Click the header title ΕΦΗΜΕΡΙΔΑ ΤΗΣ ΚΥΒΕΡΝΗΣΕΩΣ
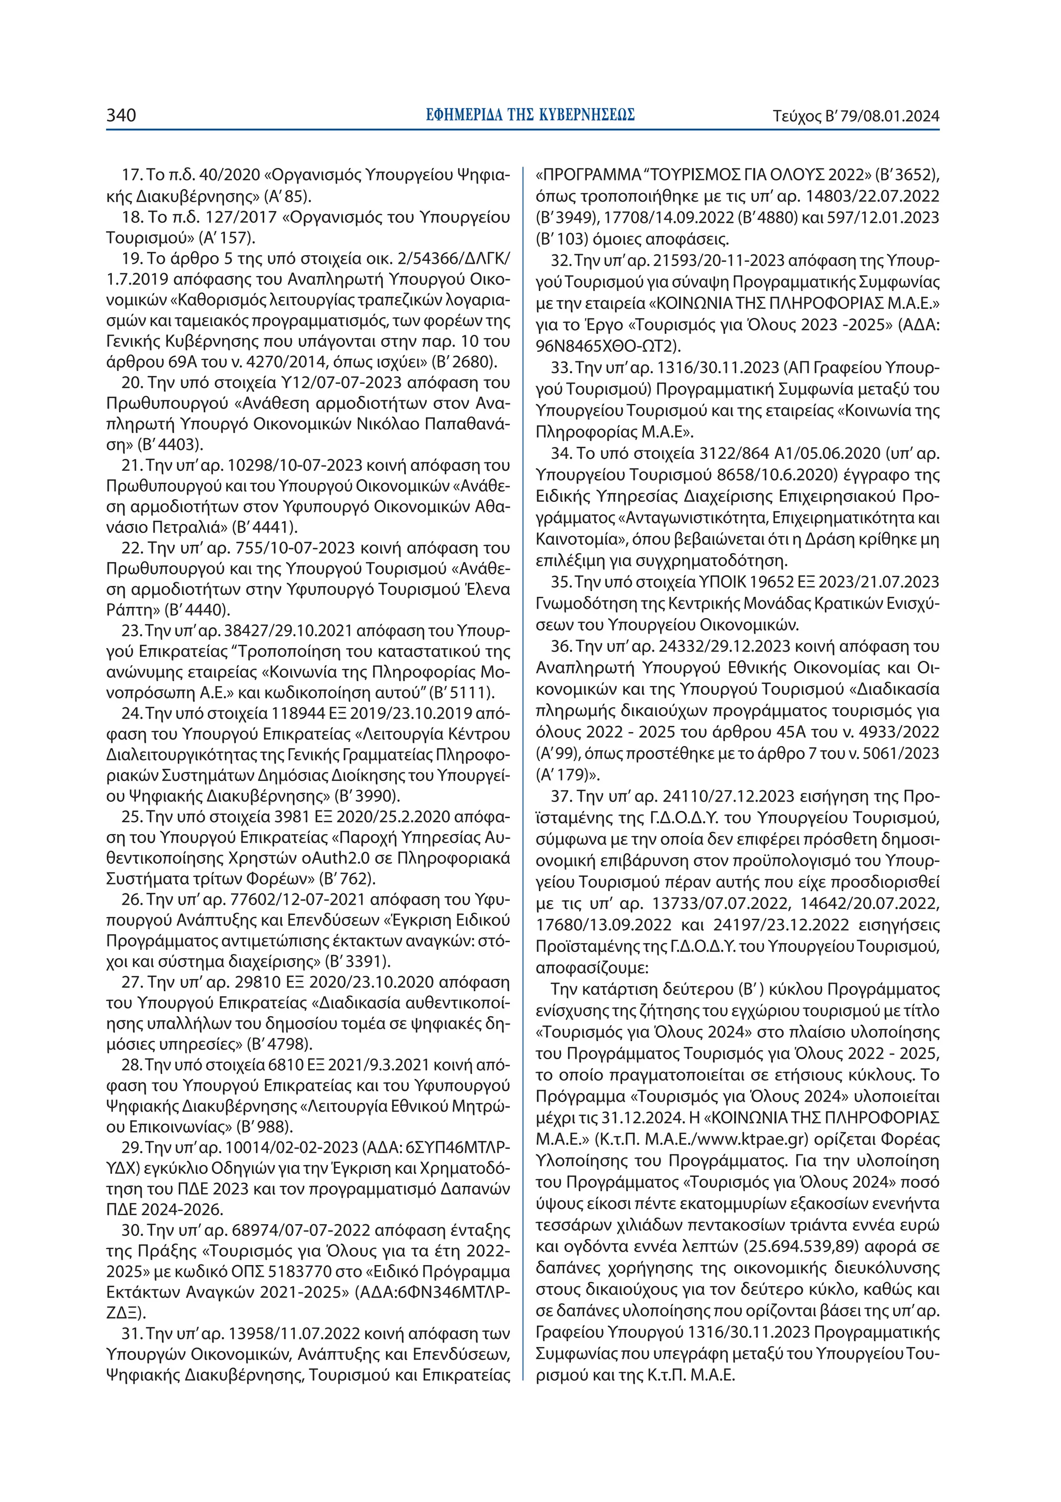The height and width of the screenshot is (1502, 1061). click(529, 116)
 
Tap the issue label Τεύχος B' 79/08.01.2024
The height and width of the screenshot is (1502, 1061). click(856, 117)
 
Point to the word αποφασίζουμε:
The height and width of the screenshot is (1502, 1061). click(591, 967)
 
